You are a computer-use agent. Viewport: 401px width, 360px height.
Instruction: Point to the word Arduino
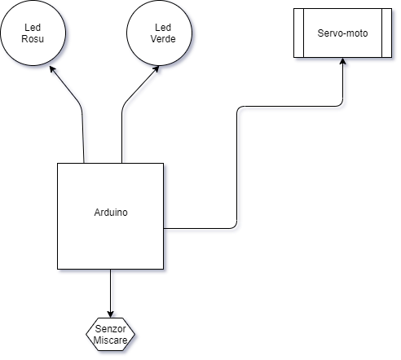(x=111, y=213)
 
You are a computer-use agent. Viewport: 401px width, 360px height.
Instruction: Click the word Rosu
(x=33, y=39)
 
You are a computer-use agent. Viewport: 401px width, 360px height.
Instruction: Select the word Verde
(x=163, y=39)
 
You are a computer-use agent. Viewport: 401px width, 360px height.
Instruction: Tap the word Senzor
(x=110, y=329)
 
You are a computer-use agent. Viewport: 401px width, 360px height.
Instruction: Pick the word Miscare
(x=110, y=340)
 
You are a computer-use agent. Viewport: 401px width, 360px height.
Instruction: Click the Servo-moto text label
(x=342, y=33)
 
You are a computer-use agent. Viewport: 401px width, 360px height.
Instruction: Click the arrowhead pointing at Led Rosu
(x=52, y=69)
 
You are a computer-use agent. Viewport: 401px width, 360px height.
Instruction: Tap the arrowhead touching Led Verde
(x=156, y=69)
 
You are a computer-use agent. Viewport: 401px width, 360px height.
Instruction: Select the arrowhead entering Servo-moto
(x=343, y=61)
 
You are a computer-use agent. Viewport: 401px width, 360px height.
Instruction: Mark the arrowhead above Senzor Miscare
(x=110, y=314)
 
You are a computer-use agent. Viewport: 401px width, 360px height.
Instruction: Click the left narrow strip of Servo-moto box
(x=298, y=33)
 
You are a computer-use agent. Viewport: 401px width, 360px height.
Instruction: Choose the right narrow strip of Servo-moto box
(x=387, y=33)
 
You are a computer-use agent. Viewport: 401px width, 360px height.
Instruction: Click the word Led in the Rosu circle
(x=33, y=28)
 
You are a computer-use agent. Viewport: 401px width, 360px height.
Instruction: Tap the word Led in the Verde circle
(x=163, y=28)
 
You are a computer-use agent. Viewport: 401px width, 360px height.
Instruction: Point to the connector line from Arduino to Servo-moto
(x=237, y=163)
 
